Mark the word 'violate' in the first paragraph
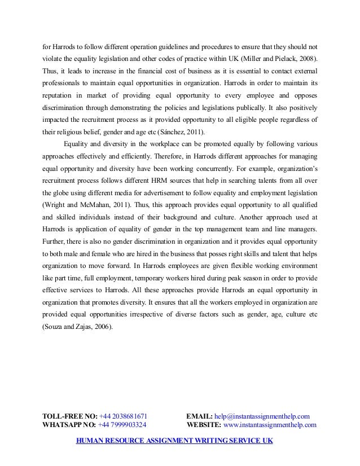[54, 59]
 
